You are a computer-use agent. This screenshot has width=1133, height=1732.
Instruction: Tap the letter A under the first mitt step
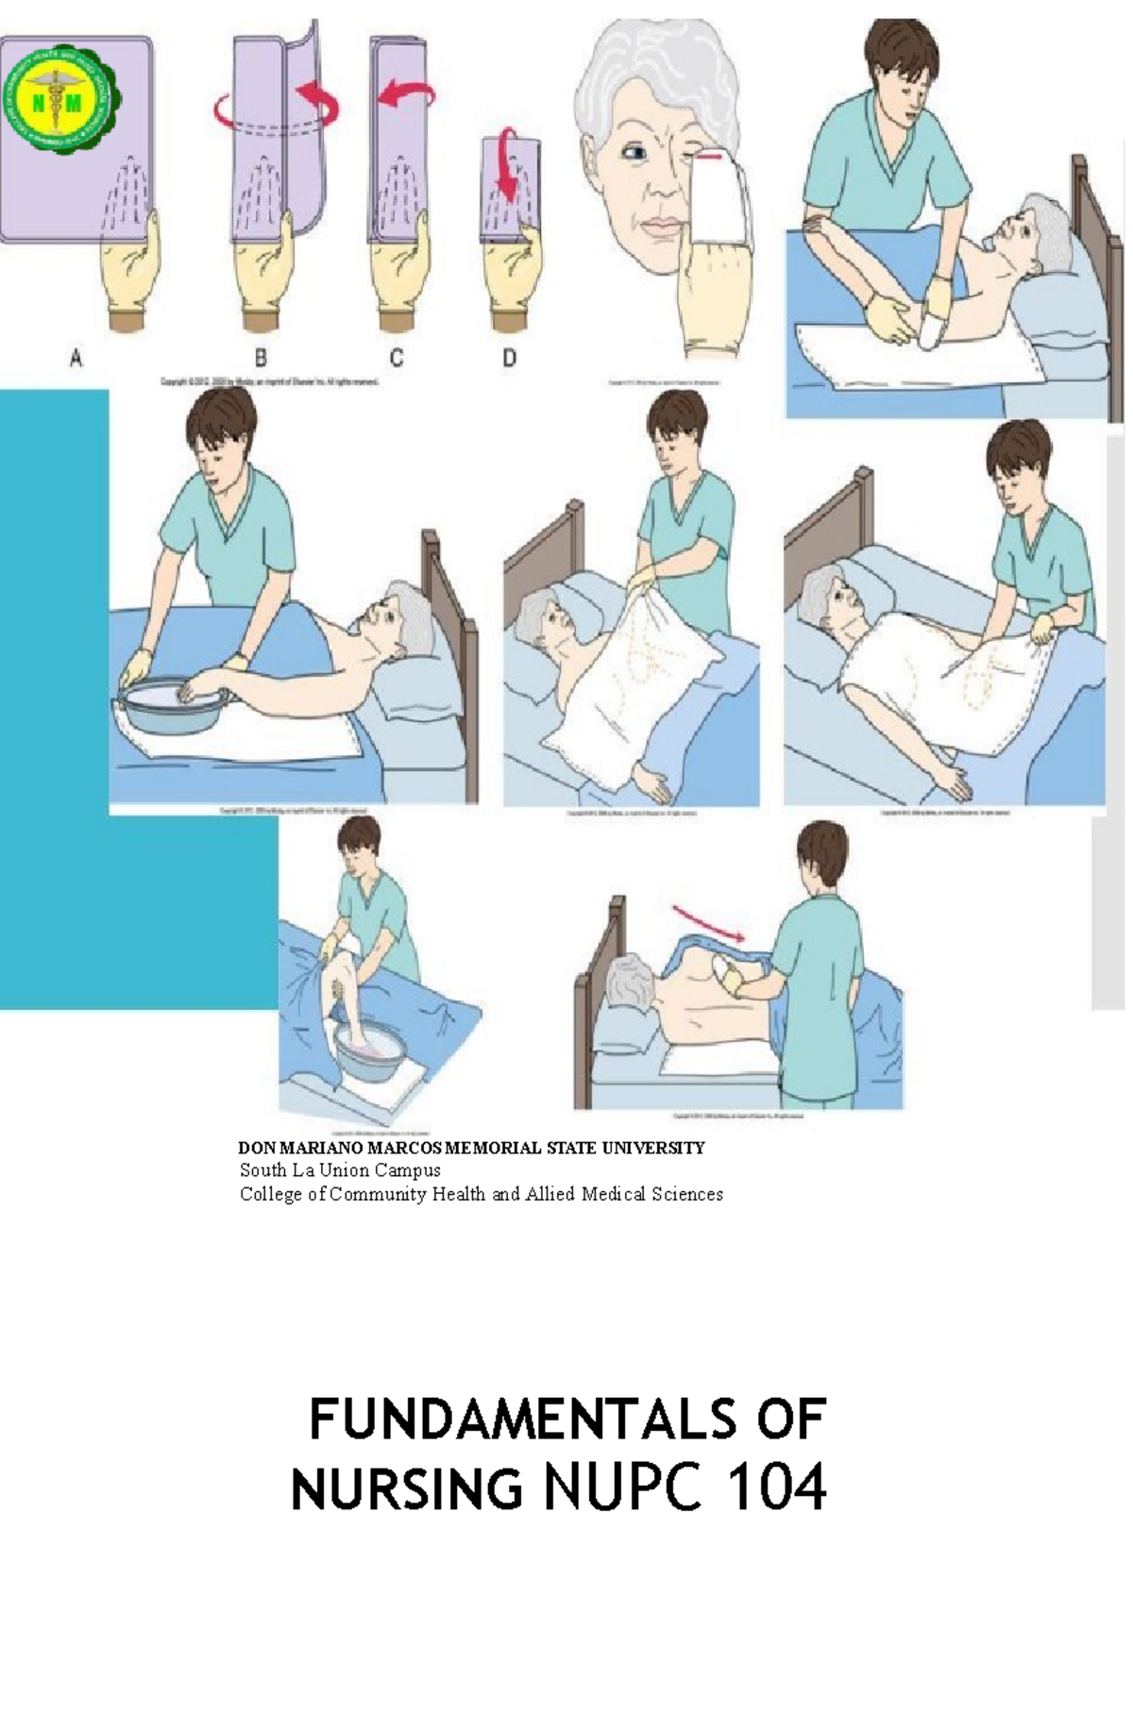(76, 358)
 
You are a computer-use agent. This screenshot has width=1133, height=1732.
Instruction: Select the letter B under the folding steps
(261, 358)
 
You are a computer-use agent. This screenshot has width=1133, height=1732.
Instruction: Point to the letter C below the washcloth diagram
(397, 358)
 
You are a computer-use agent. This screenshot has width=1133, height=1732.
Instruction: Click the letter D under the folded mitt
(509, 358)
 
